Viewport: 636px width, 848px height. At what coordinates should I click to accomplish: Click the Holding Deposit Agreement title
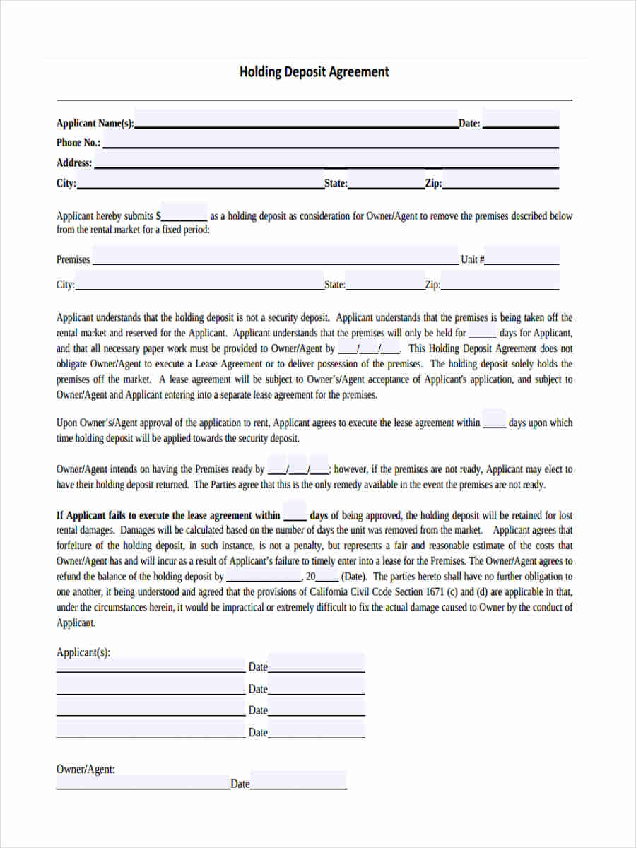[x=314, y=72]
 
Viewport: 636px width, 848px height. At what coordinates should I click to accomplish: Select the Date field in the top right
[x=520, y=121]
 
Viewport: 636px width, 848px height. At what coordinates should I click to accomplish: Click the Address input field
[x=326, y=161]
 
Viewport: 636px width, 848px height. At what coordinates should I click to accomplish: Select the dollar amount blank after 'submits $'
[x=184, y=216]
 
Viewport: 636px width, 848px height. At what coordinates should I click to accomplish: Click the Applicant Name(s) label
[x=95, y=124]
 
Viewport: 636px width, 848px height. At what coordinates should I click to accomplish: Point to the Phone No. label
[x=78, y=143]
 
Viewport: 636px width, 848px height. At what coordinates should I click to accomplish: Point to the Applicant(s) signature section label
[x=83, y=653]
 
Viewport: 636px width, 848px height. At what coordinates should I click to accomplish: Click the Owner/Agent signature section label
[x=86, y=769]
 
